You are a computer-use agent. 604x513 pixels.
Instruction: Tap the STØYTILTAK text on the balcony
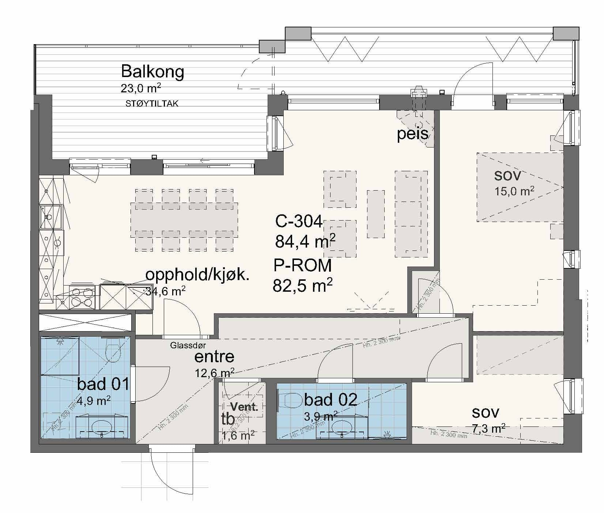[x=152, y=104]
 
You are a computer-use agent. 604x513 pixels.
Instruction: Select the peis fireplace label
[x=413, y=134]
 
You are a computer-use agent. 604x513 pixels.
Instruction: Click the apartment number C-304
[x=299, y=221]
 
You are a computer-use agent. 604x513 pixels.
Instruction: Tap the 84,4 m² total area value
[x=305, y=241]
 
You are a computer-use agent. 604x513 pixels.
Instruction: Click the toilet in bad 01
[x=112, y=351]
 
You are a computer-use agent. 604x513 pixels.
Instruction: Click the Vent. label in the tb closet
[x=244, y=407]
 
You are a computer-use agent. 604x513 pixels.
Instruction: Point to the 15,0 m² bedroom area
[x=514, y=191]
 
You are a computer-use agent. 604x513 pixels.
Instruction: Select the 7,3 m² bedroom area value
[x=489, y=429]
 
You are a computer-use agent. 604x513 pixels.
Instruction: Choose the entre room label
[x=214, y=357]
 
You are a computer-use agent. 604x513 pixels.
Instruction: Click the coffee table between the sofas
[x=375, y=214]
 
